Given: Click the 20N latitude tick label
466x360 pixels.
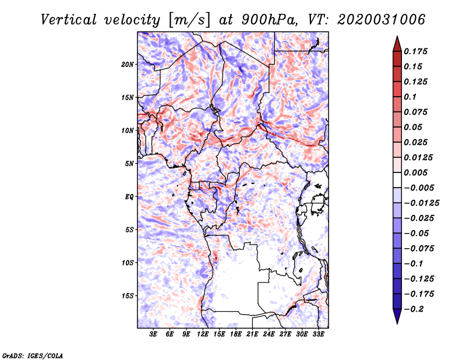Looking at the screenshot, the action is point(127,65).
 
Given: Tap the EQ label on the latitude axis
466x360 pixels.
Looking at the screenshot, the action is point(129,197).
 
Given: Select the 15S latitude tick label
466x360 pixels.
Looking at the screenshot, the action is point(127,296).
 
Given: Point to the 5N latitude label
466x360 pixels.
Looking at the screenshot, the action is point(129,164).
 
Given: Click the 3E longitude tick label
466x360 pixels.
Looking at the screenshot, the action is point(153,334).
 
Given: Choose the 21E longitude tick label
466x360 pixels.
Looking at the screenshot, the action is point(252,334).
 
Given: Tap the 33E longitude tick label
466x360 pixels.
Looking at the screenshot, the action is point(318,334).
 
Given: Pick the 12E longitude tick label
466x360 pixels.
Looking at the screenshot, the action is point(202,334).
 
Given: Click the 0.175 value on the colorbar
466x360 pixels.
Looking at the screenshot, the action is point(415,51).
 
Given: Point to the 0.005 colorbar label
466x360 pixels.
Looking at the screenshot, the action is point(415,172).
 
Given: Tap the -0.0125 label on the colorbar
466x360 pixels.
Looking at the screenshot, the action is point(421,203).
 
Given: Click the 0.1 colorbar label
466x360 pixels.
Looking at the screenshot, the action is point(410,97).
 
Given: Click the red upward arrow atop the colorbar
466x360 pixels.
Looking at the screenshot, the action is point(397,44).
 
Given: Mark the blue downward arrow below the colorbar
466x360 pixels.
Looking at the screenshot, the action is point(397,316).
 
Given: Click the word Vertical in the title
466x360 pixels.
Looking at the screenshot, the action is point(69,20).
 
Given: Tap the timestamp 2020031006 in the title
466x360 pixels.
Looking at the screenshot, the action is point(381,20).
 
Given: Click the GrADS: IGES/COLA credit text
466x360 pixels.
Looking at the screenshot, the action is point(33,355).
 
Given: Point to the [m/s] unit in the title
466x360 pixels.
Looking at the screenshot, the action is point(189,20).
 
